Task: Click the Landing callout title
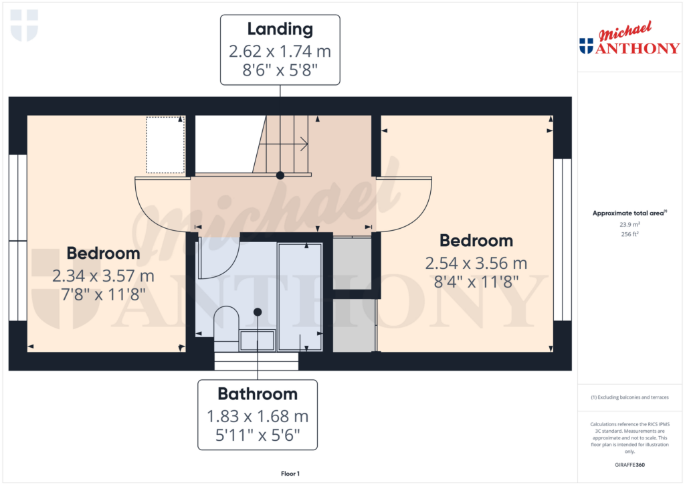click(280, 29)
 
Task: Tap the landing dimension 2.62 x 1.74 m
click(280, 51)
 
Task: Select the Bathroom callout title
click(258, 394)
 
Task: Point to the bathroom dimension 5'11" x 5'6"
click(258, 436)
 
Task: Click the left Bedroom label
click(104, 254)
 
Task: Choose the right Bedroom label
click(476, 241)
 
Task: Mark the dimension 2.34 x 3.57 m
click(104, 275)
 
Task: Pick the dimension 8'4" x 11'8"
click(476, 282)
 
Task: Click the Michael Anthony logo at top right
click(629, 41)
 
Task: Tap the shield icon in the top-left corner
click(24, 25)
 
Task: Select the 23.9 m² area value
click(629, 225)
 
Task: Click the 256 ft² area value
click(629, 234)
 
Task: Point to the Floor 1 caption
click(290, 474)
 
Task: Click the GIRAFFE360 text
click(629, 465)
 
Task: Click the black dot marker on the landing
click(280, 175)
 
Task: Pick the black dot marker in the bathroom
click(258, 311)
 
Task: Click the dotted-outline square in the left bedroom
click(165, 144)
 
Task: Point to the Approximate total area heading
click(629, 213)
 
